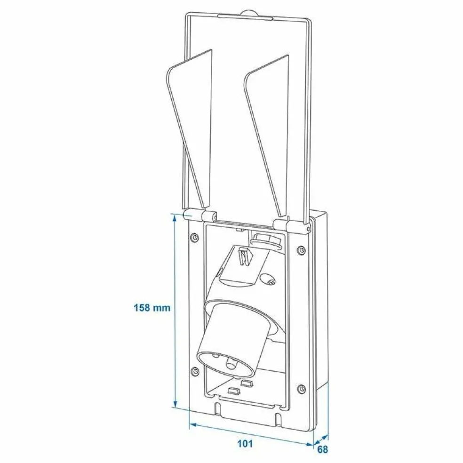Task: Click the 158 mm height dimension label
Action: pos(152,308)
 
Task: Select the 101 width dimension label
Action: pos(245,444)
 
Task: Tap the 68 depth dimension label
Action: pos(322,449)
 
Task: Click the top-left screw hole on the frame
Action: pos(195,237)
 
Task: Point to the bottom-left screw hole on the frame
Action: pos(195,371)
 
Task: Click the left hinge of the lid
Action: pos(200,216)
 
